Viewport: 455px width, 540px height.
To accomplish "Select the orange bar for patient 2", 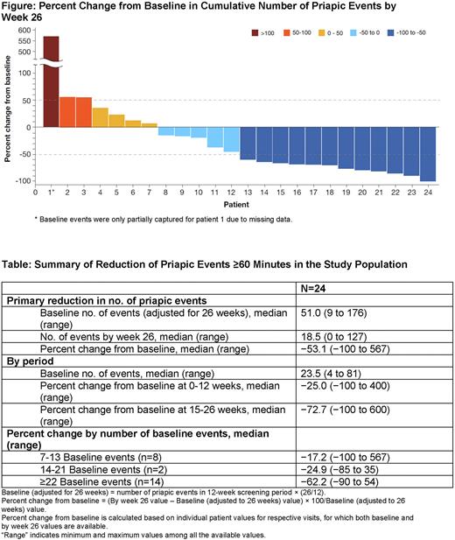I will [x=67, y=112].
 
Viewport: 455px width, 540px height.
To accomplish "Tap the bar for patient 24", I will [x=428, y=154].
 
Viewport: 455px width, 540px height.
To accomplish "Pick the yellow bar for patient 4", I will [x=101, y=117].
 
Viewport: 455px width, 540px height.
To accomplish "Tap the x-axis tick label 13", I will [x=248, y=192].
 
